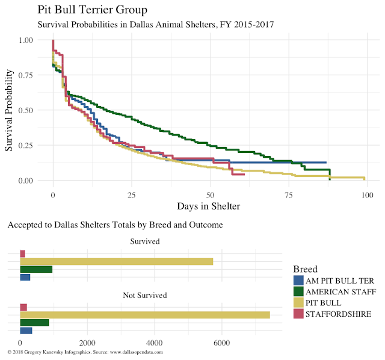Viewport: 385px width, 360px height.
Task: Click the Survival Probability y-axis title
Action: click(10, 110)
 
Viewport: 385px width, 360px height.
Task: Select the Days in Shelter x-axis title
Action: click(209, 206)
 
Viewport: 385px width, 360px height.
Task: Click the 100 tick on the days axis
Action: click(367, 195)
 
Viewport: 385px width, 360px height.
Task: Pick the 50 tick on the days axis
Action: click(210, 195)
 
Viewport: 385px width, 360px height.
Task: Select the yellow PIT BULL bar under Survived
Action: click(117, 261)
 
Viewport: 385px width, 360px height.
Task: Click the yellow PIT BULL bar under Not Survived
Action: click(145, 315)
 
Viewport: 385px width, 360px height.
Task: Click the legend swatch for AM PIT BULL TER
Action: click(298, 281)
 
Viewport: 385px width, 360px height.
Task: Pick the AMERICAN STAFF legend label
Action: click(341, 291)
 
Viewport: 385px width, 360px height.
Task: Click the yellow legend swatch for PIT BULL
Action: click(298, 302)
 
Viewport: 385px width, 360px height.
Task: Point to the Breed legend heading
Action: click(305, 268)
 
